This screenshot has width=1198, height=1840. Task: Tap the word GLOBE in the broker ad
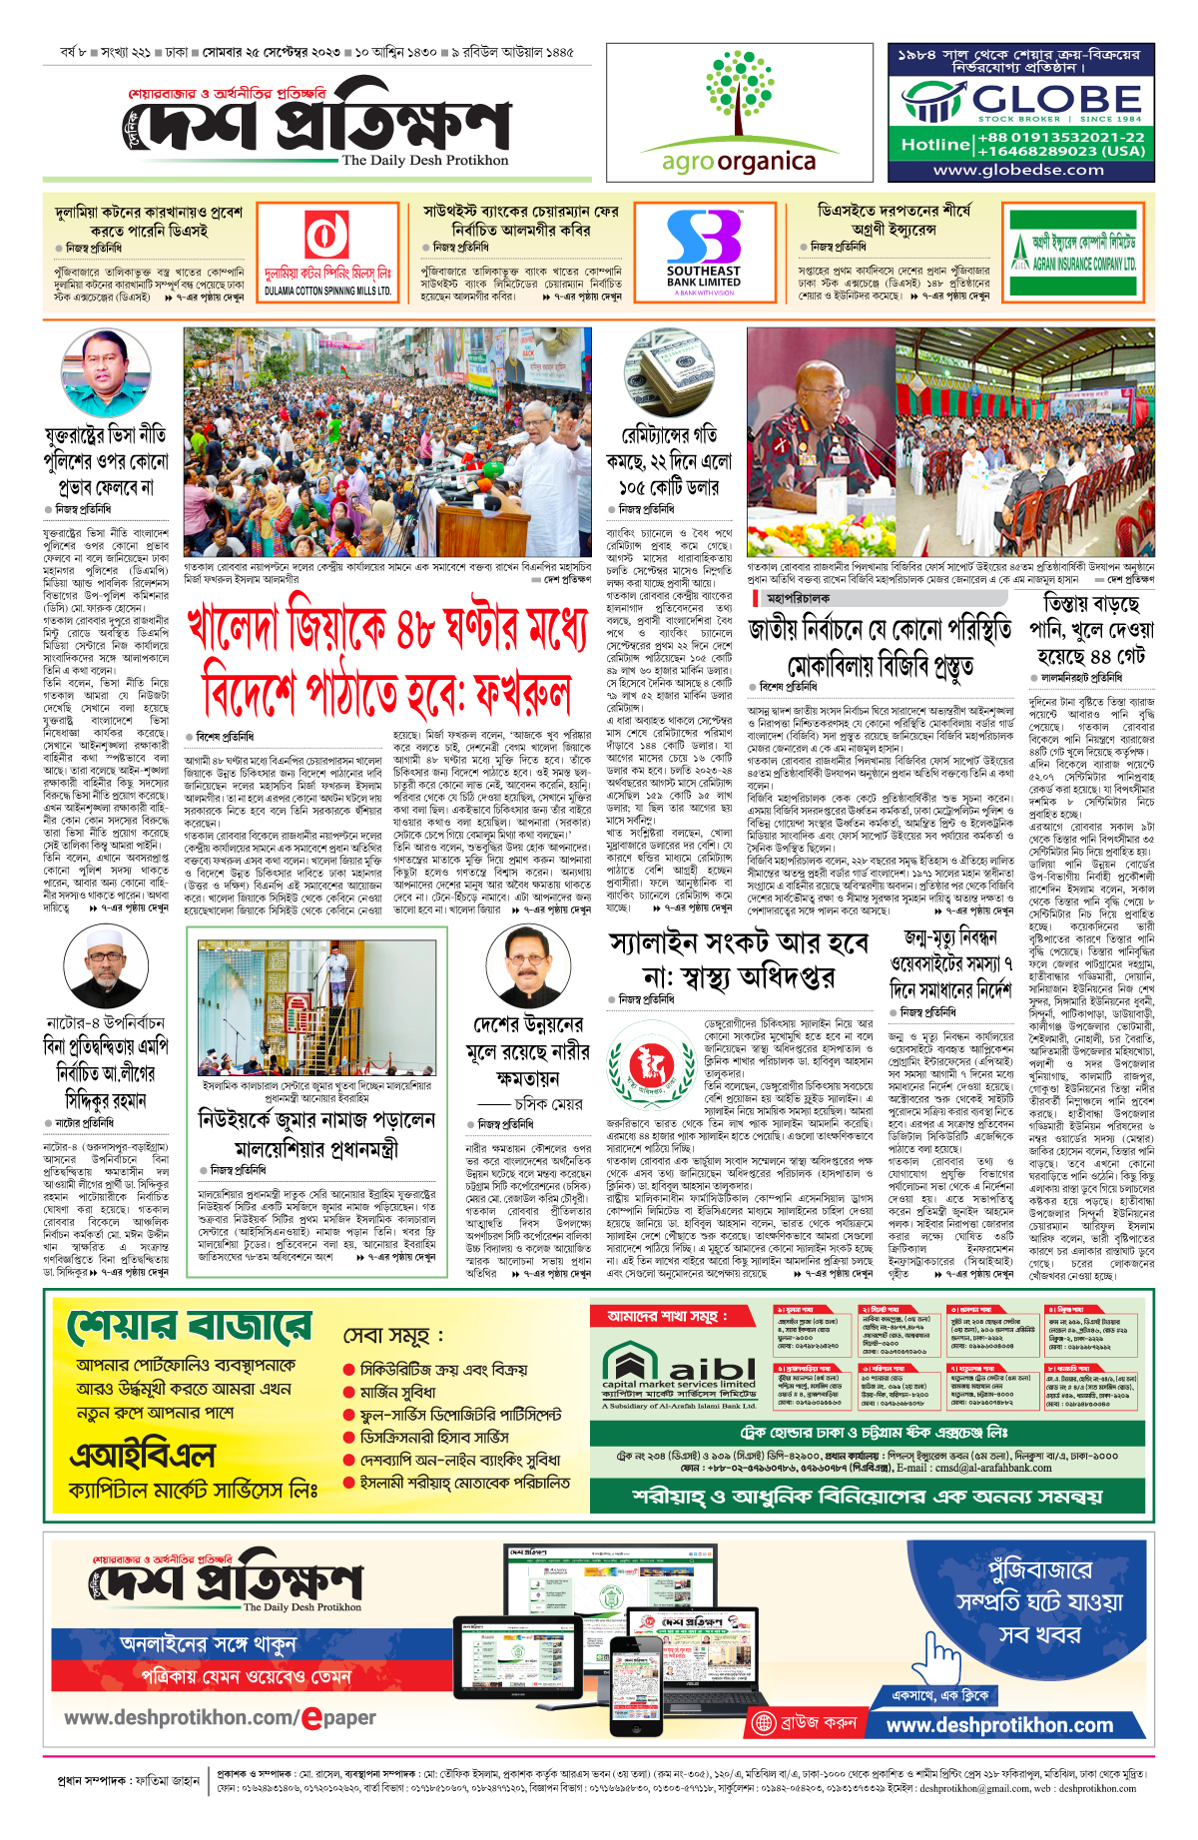[x=1056, y=100]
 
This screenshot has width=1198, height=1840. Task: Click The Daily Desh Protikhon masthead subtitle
[x=424, y=160]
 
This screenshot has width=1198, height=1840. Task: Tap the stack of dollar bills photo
[x=669, y=374]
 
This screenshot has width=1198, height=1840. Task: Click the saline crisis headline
[x=739, y=959]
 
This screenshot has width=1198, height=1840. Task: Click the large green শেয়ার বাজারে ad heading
[x=190, y=1327]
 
